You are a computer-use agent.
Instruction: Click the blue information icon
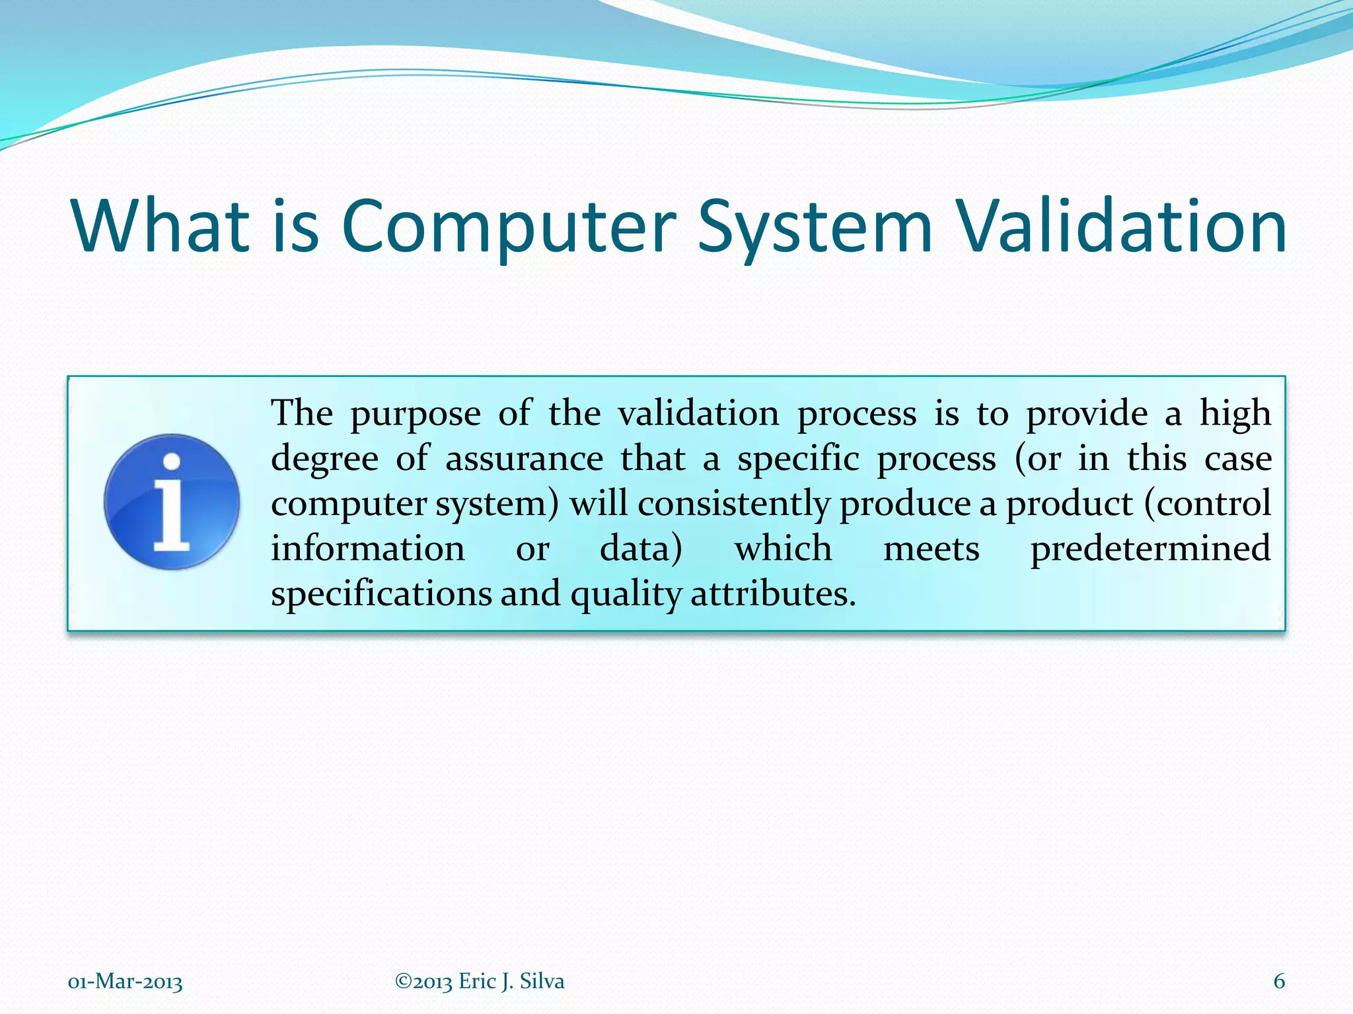[172, 502]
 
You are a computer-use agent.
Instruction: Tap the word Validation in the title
[1122, 226]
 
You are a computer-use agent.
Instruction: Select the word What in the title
[161, 226]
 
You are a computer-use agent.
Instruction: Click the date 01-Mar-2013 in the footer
[125, 982]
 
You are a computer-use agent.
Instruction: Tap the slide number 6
[1279, 981]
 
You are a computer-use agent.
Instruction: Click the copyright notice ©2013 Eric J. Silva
[480, 981]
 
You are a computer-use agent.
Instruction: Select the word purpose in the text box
[415, 415]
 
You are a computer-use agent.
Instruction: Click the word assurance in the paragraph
[524, 459]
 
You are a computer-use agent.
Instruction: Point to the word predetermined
[1150, 549]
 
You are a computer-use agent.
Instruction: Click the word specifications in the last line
[382, 593]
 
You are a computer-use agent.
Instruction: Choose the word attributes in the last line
[773, 593]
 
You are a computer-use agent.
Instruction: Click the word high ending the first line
[1235, 415]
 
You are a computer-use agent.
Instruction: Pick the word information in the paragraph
[368, 549]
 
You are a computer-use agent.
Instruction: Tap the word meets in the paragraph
[932, 549]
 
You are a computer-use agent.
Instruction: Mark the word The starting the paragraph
[302, 414]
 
